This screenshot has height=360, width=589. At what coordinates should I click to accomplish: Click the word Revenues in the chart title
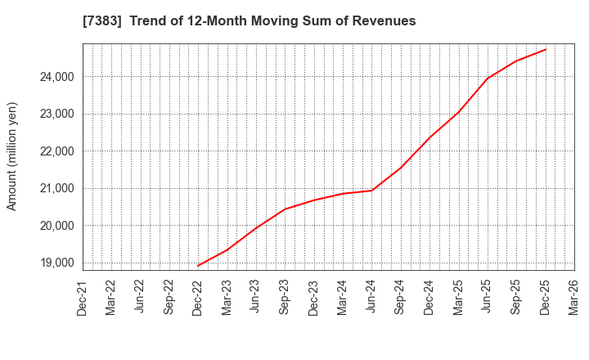pyautogui.click(x=380, y=21)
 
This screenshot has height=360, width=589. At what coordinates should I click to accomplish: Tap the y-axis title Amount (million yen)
pyautogui.click(x=12, y=156)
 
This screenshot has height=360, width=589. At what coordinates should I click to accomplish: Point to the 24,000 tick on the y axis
pyautogui.click(x=55, y=77)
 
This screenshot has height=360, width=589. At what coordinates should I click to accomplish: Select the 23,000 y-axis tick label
pyautogui.click(x=55, y=115)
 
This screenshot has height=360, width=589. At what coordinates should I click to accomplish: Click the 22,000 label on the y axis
pyautogui.click(x=55, y=151)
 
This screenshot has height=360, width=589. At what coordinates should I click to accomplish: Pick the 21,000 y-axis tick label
pyautogui.click(x=55, y=189)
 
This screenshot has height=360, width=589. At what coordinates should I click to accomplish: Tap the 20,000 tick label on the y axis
pyautogui.click(x=55, y=226)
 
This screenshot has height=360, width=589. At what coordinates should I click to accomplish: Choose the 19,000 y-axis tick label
pyautogui.click(x=55, y=263)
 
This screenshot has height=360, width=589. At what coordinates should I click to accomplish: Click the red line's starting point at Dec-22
pyautogui.click(x=198, y=266)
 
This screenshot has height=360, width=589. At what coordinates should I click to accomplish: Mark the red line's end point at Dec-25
pyautogui.click(x=546, y=49)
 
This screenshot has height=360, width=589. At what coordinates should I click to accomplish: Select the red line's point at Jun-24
pyautogui.click(x=371, y=191)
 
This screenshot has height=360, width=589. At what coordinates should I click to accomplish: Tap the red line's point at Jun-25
pyautogui.click(x=488, y=79)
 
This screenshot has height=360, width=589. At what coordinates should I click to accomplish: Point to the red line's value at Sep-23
pyautogui.click(x=285, y=209)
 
